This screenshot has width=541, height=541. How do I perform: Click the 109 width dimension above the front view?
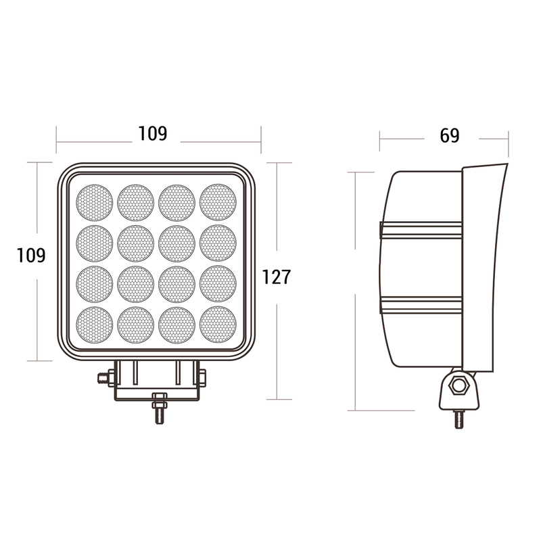click(x=153, y=133)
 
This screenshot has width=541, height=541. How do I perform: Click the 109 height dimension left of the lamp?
click(x=31, y=256)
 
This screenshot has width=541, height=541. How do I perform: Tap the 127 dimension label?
click(x=277, y=277)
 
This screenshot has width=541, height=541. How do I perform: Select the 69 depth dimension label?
click(x=450, y=135)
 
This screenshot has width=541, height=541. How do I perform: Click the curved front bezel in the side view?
click(x=486, y=270)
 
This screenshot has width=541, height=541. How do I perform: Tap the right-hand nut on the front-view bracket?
click(x=202, y=377)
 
